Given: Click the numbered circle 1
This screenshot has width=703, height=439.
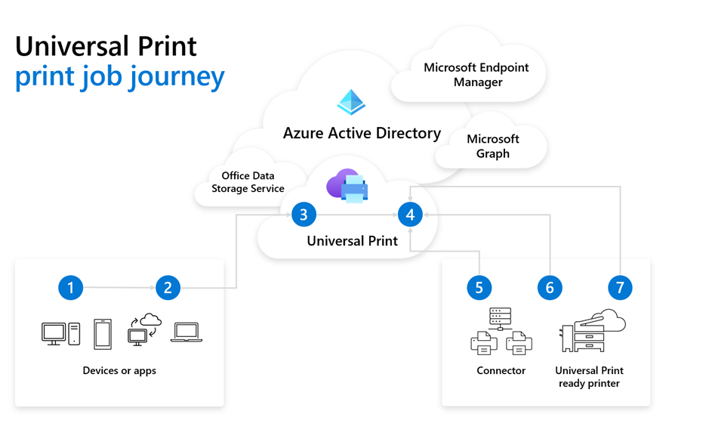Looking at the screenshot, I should (71, 288).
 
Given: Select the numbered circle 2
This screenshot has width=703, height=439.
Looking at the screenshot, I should (168, 288).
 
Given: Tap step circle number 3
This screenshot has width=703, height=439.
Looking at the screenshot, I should (304, 215).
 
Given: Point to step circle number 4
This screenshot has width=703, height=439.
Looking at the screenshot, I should (410, 215).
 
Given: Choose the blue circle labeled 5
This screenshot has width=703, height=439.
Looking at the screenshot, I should (479, 288).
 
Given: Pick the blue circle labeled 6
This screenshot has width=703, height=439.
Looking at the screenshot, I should (550, 288).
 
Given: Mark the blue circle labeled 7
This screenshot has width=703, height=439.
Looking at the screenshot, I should (620, 288).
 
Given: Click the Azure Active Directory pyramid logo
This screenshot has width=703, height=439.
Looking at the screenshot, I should (351, 102).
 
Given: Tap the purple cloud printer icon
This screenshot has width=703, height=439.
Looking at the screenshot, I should (347, 186).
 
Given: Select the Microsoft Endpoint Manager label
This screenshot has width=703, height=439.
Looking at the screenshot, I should (476, 75).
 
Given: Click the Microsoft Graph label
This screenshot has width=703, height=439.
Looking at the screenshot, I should (492, 147).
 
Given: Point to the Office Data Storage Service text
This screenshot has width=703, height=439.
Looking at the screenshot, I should (248, 182).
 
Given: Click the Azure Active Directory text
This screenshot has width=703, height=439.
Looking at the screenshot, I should (362, 134).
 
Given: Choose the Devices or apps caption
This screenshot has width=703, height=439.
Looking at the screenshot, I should (119, 371).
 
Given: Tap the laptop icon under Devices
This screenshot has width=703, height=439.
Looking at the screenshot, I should (186, 332).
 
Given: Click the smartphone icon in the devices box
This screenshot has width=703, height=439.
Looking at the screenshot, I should (103, 334).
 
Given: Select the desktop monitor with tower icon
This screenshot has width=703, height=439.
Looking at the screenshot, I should (60, 333).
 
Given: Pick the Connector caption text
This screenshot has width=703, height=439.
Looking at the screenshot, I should (501, 371).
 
